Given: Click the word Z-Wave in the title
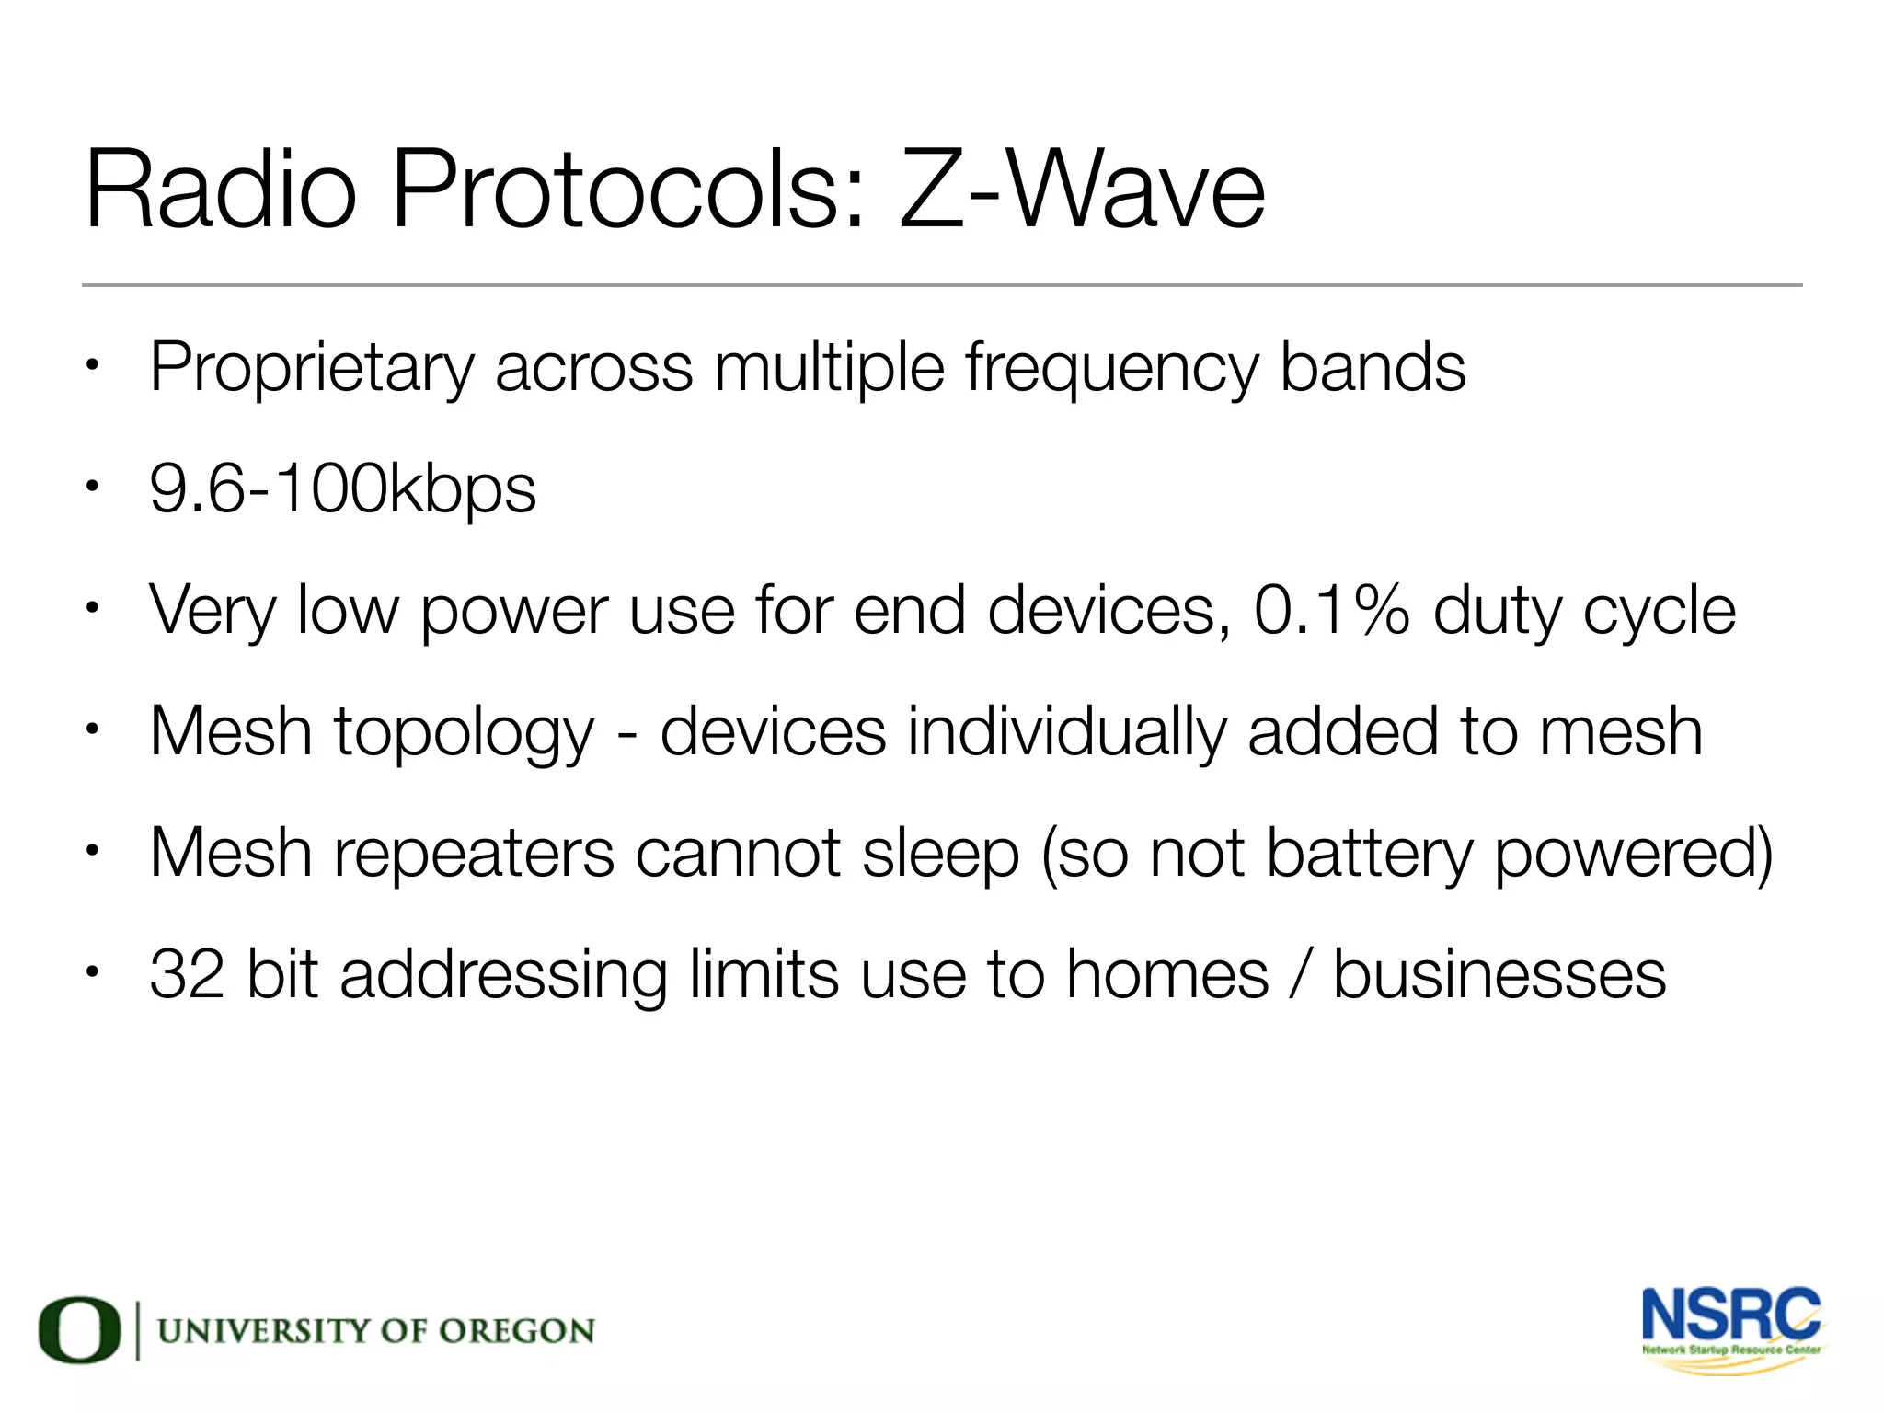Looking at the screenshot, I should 1081,191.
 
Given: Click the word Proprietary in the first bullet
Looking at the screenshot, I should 311,369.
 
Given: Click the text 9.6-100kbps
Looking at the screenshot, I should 342,489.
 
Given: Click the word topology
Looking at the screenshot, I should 464,733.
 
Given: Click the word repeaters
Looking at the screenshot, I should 473,854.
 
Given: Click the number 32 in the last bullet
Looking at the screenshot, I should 187,974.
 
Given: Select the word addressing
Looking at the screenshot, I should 503,976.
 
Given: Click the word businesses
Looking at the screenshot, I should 1499,974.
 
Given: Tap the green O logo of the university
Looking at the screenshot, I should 79,1330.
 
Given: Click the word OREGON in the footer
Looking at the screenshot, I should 516,1331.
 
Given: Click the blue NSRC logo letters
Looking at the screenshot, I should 1730,1315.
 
